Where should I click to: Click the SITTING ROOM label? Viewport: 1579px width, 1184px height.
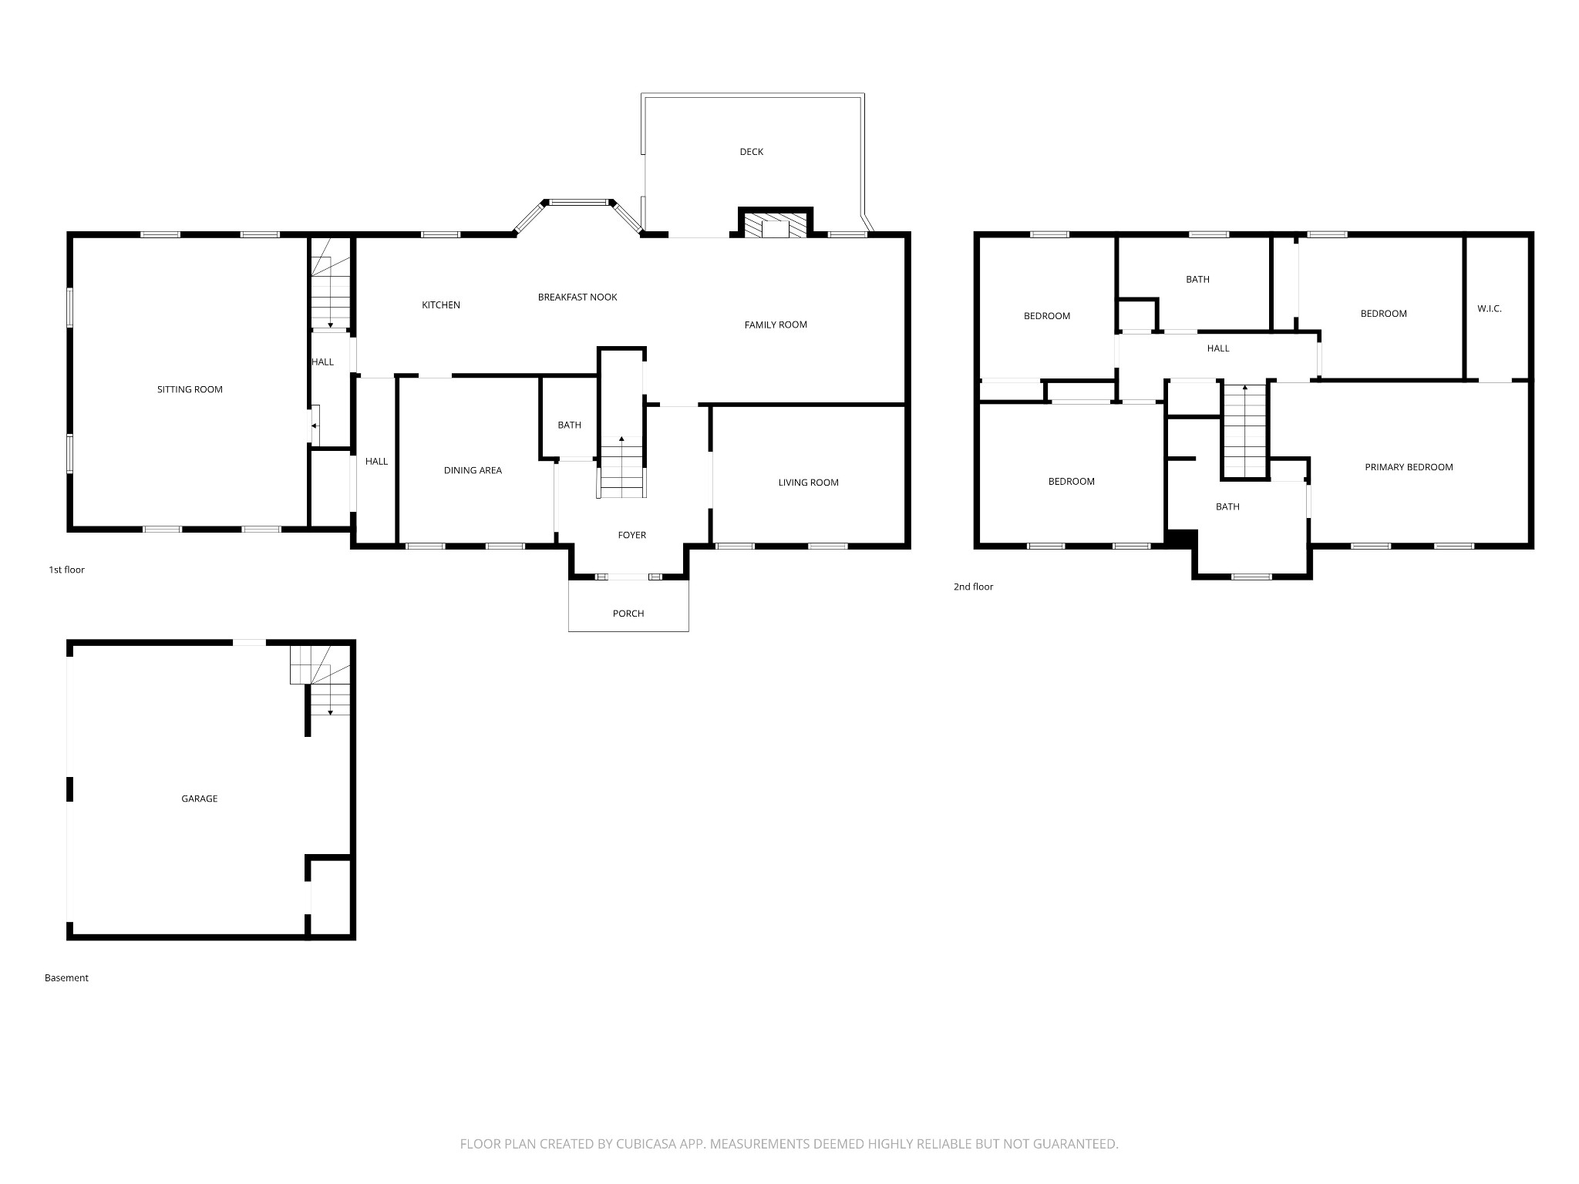(x=190, y=389)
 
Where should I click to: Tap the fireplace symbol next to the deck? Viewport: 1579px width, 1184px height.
(x=775, y=226)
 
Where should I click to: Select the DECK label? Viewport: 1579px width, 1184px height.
(x=751, y=152)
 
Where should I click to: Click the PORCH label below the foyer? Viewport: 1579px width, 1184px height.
(x=628, y=614)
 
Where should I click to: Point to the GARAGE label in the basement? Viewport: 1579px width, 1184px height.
(x=199, y=799)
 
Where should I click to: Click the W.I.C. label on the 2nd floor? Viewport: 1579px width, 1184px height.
(x=1489, y=308)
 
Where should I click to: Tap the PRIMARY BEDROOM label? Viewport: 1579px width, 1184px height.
(x=1409, y=467)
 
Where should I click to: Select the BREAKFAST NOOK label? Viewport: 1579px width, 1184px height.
(x=577, y=297)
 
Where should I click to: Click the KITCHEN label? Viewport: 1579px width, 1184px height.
(x=441, y=305)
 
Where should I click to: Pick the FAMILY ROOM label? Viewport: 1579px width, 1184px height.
(x=776, y=325)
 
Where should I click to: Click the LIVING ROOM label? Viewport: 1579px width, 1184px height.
(x=808, y=483)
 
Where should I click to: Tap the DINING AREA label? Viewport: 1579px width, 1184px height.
(x=473, y=470)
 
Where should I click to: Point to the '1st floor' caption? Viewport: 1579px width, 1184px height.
(x=66, y=570)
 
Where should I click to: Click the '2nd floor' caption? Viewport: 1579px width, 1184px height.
(x=973, y=587)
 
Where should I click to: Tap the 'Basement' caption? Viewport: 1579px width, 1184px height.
(x=66, y=977)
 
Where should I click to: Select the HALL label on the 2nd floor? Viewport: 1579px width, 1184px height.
(x=1218, y=348)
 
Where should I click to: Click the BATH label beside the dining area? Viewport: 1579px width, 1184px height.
(x=569, y=425)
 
